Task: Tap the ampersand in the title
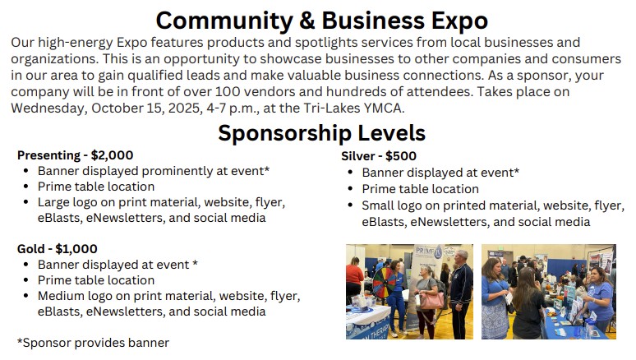[x=307, y=21]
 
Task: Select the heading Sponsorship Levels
[x=321, y=133]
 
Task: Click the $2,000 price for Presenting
[x=112, y=155]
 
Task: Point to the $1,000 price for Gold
[x=76, y=249]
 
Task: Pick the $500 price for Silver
[x=401, y=156]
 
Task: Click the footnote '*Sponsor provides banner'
[x=93, y=343]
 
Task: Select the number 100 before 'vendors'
[x=228, y=92]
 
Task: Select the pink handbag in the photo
[x=431, y=300]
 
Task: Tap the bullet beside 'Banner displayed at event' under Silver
[x=350, y=172]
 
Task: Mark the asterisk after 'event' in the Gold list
[x=195, y=263]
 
